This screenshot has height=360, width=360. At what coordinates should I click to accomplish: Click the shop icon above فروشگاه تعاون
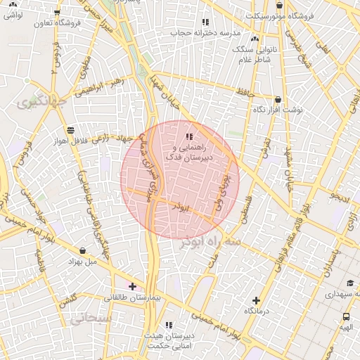(x=57, y=12)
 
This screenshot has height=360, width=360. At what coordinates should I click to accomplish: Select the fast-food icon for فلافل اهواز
(x=70, y=129)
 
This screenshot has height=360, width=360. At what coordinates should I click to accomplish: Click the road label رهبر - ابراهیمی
(x=99, y=85)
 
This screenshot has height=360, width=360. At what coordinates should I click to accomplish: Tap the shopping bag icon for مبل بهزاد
(x=84, y=250)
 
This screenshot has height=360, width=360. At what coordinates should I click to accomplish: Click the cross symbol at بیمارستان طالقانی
(x=132, y=286)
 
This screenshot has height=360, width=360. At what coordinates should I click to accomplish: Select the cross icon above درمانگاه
(x=256, y=300)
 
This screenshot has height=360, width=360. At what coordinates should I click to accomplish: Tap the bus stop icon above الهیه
(x=346, y=316)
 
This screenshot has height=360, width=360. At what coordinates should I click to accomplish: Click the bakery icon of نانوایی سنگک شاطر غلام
(x=254, y=39)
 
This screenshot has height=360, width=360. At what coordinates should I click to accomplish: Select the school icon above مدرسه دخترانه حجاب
(x=205, y=22)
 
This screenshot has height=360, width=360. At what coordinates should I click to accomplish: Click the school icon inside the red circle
(x=188, y=136)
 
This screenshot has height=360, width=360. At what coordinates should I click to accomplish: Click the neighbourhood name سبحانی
(x=91, y=318)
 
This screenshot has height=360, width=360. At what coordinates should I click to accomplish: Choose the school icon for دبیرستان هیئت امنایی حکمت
(x=168, y=324)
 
